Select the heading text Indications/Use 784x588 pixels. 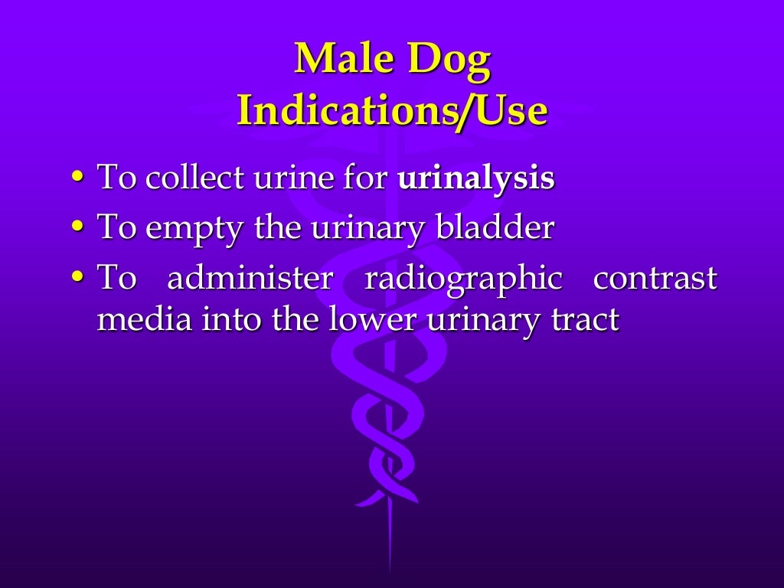[392, 112]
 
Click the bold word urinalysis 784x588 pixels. [475, 178]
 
